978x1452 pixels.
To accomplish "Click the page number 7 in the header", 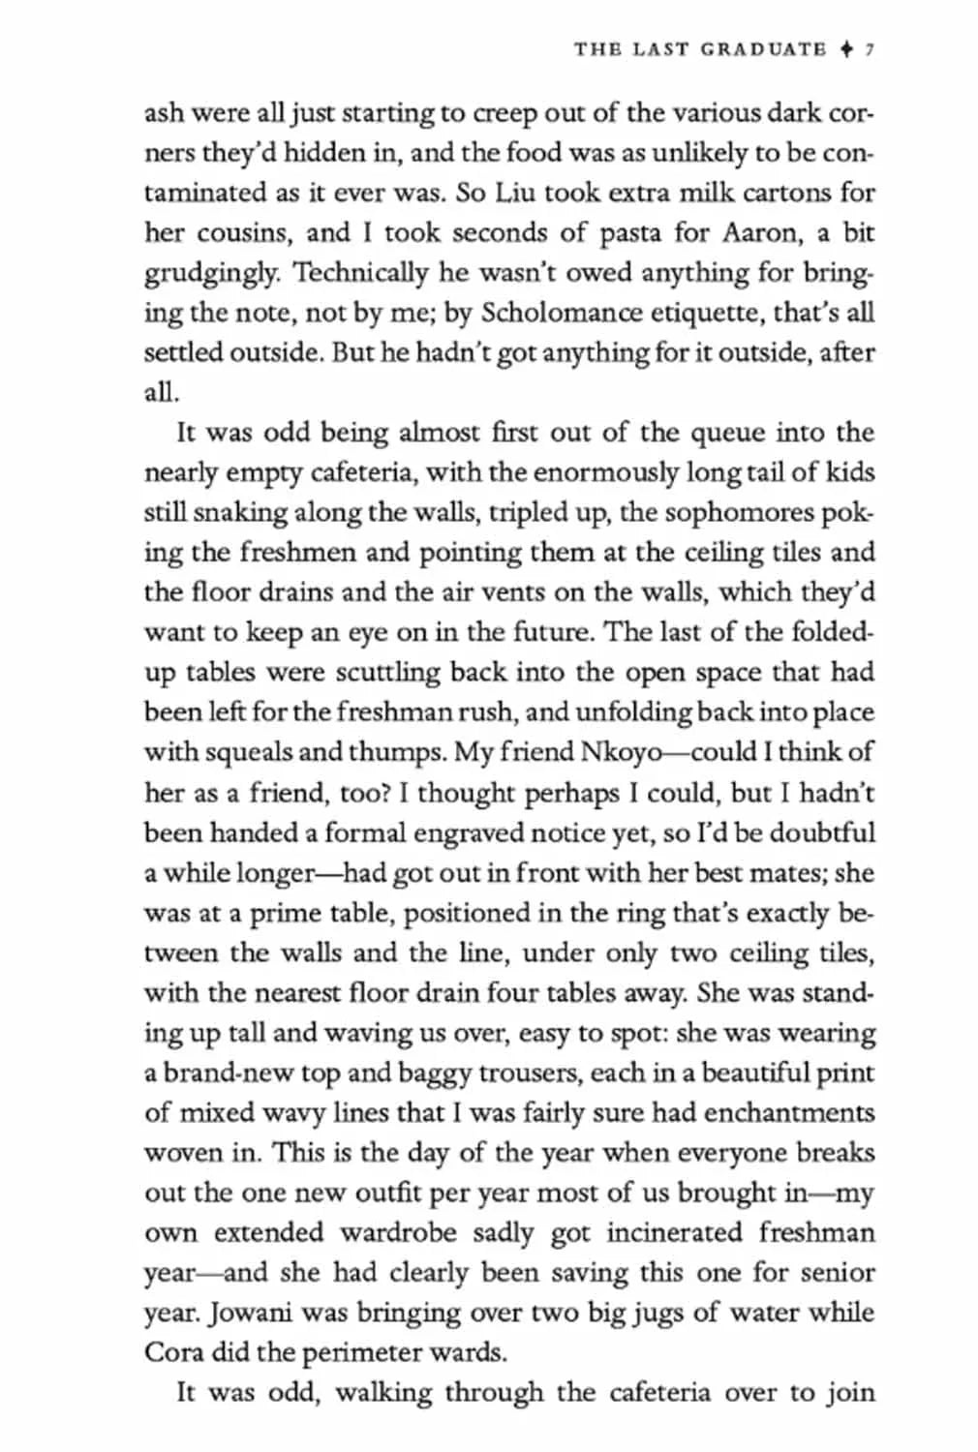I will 871,48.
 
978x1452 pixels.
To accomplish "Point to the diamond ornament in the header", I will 847,48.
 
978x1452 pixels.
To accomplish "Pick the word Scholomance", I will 562,313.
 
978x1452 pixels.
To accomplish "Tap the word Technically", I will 358,272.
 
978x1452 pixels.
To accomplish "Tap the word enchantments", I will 789,1112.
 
